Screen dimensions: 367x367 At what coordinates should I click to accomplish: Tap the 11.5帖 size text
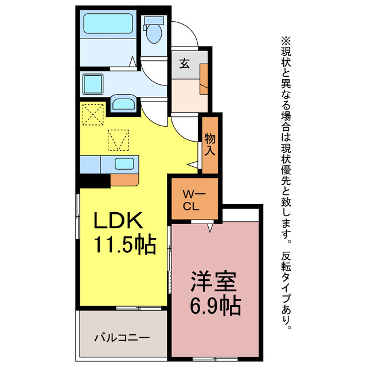125,245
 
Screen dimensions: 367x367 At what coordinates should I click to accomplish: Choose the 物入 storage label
210,145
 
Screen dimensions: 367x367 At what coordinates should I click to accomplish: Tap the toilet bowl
154,34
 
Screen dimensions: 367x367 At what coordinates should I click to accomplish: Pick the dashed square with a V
119,139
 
